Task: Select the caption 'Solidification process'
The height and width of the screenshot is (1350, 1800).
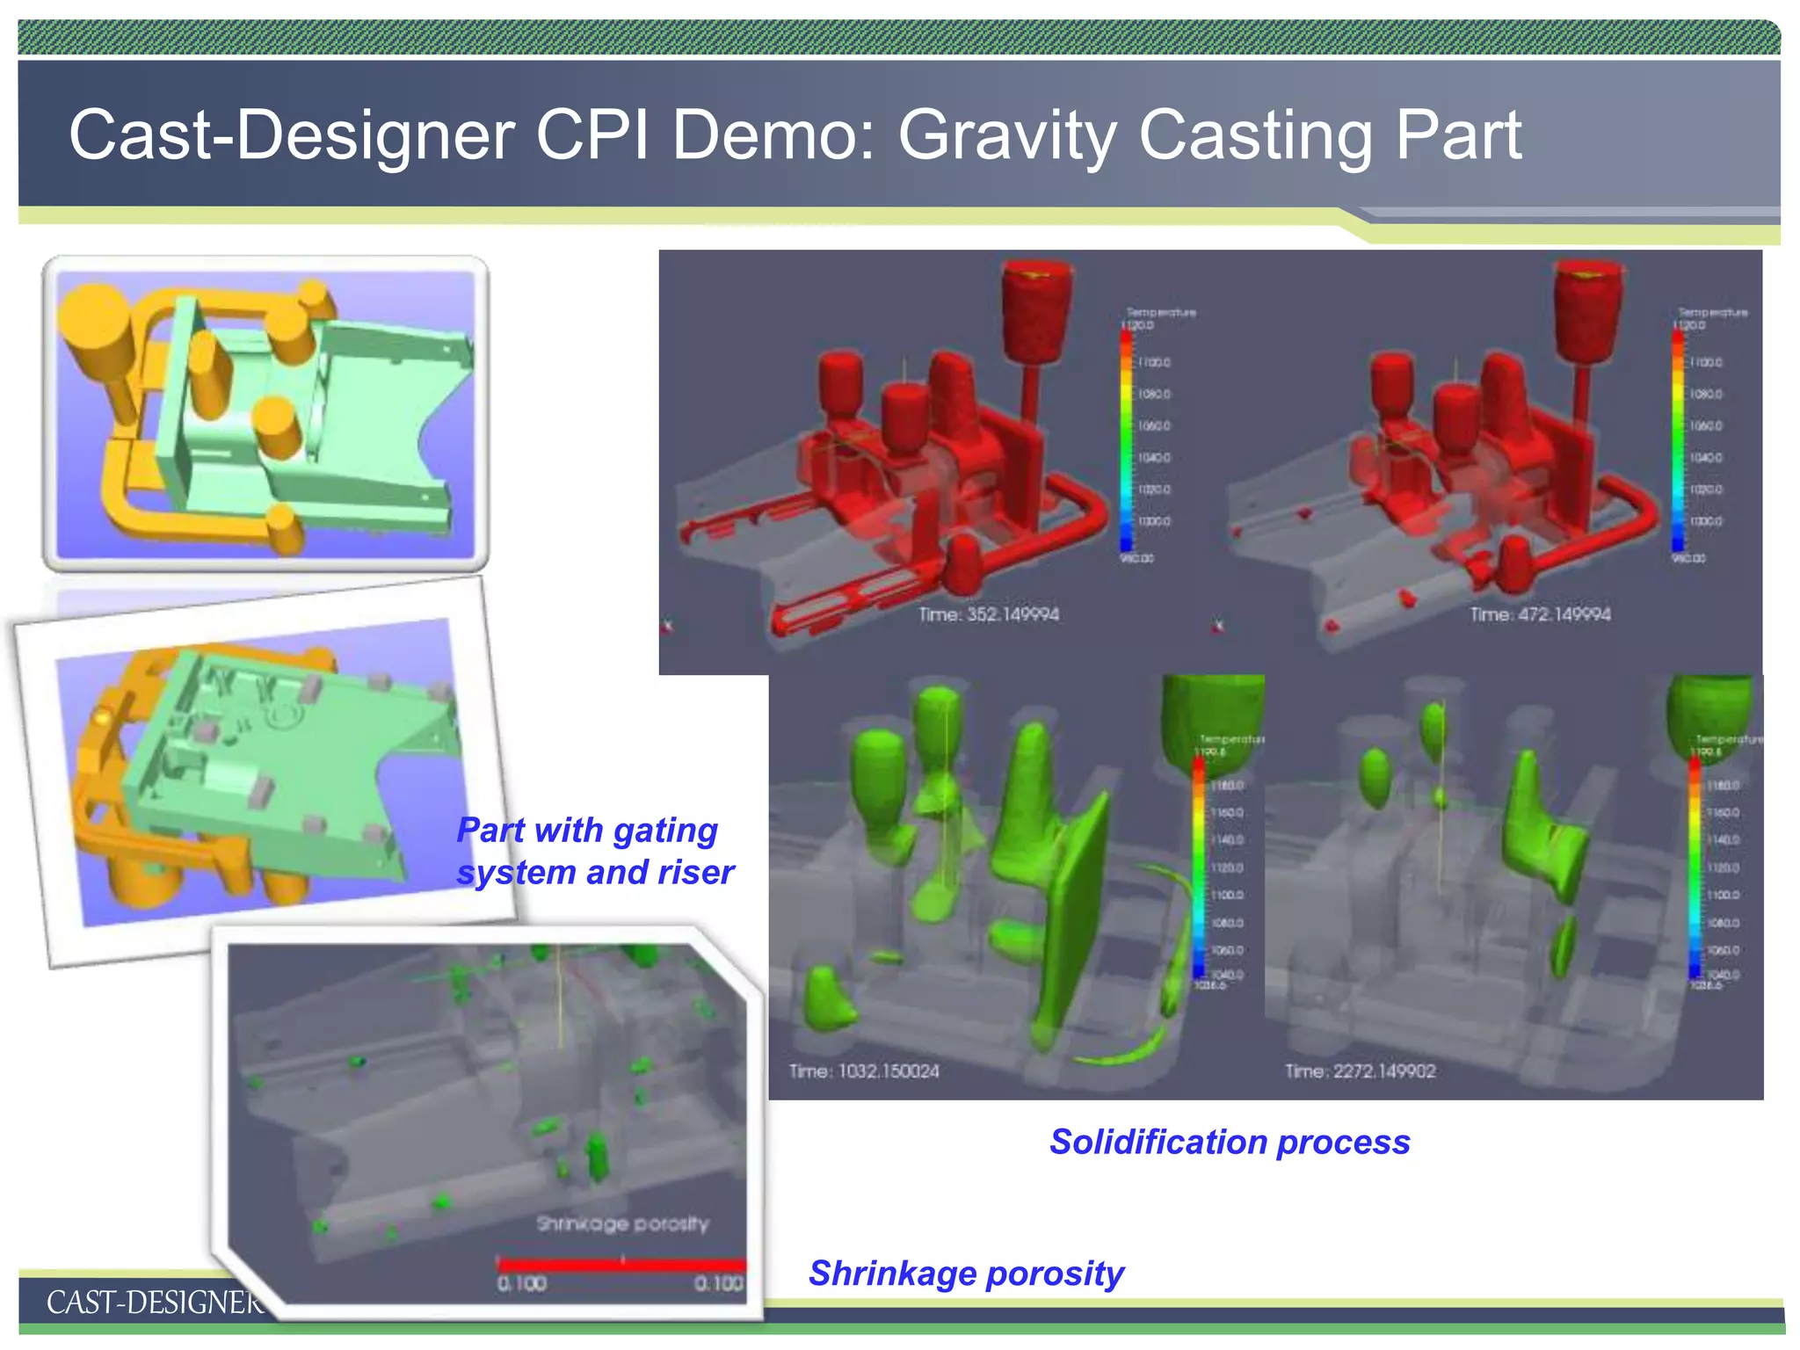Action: pos(1229,1142)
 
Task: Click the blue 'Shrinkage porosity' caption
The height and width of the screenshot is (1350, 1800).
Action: pos(965,1273)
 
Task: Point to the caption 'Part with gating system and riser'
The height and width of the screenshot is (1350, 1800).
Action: pos(594,851)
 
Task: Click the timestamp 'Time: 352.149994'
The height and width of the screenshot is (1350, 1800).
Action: pos(988,614)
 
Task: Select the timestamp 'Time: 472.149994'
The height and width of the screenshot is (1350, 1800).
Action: pos(1540,614)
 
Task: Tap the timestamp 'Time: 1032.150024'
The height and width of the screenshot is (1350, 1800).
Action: pos(863,1071)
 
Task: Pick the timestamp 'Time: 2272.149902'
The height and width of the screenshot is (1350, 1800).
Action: pos(1360,1071)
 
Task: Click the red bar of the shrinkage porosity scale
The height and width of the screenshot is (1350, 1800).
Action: pos(621,1265)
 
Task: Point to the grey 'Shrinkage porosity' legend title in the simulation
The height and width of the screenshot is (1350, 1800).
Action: pos(622,1223)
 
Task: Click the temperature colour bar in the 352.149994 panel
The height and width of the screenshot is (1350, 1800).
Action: pos(1126,439)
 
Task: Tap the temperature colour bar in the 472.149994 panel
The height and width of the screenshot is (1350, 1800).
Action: pos(1678,439)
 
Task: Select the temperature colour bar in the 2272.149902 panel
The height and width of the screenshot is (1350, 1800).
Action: pos(1695,866)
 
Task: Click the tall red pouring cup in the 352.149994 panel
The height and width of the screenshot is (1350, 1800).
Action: pos(1037,312)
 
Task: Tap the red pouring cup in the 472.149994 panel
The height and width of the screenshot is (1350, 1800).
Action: pos(1587,312)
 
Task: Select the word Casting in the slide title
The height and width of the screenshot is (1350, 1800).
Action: pos(1255,136)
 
